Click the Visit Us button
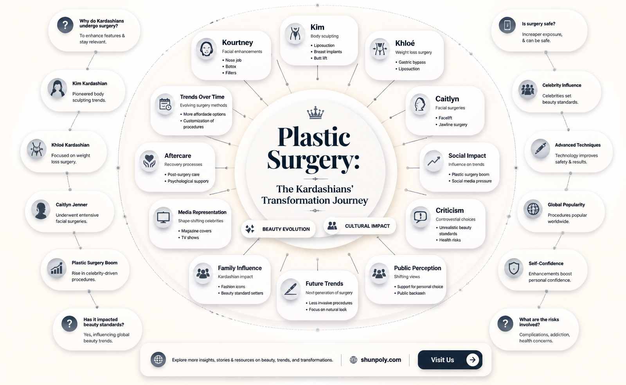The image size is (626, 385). (x=450, y=360)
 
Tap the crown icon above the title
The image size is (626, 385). (x=315, y=113)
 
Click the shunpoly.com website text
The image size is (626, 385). (x=381, y=360)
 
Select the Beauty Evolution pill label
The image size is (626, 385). (x=278, y=229)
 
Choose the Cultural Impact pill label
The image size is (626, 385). (x=360, y=226)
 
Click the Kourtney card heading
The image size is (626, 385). (x=237, y=43)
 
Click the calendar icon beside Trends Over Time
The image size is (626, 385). (x=165, y=104)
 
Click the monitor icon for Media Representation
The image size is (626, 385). (x=163, y=217)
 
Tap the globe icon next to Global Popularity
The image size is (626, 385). (x=533, y=209)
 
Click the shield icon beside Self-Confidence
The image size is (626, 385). (x=514, y=268)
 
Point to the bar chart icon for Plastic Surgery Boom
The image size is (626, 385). (x=57, y=268)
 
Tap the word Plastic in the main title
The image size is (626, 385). (x=313, y=137)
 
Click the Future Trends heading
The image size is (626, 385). (x=324, y=284)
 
